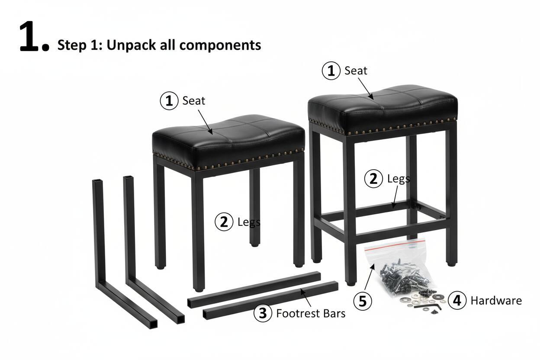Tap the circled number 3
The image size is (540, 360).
(263, 313)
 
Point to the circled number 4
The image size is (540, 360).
(457, 300)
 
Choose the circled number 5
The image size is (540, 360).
(363, 301)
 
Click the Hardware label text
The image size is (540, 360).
(496, 300)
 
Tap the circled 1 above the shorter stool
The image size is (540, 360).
(169, 101)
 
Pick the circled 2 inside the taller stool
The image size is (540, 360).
(373, 179)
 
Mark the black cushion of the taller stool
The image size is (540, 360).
(382, 106)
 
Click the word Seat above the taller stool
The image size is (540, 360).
(356, 71)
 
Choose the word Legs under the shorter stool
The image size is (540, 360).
(249, 222)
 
